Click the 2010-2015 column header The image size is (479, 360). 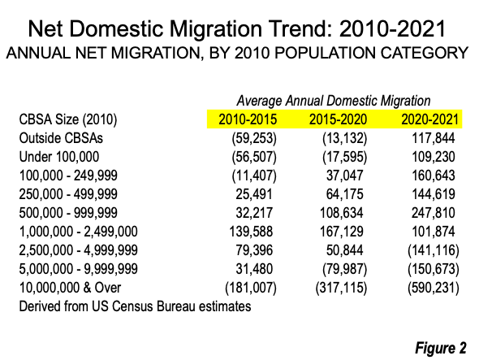248,119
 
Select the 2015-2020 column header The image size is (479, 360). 339,119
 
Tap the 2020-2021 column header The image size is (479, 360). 429,119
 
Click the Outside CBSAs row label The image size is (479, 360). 61,138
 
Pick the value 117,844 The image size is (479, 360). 434,138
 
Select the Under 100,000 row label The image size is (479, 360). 59,157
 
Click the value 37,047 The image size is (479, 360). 345,176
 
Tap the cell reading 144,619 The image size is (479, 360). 434,194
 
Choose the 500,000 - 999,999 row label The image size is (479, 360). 68,213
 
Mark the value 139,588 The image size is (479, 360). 251,232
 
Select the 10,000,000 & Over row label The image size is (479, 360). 70,288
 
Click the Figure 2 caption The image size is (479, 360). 441,348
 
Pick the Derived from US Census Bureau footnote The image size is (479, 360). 135,306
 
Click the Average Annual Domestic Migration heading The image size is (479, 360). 334,101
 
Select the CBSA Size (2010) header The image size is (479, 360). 68,119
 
